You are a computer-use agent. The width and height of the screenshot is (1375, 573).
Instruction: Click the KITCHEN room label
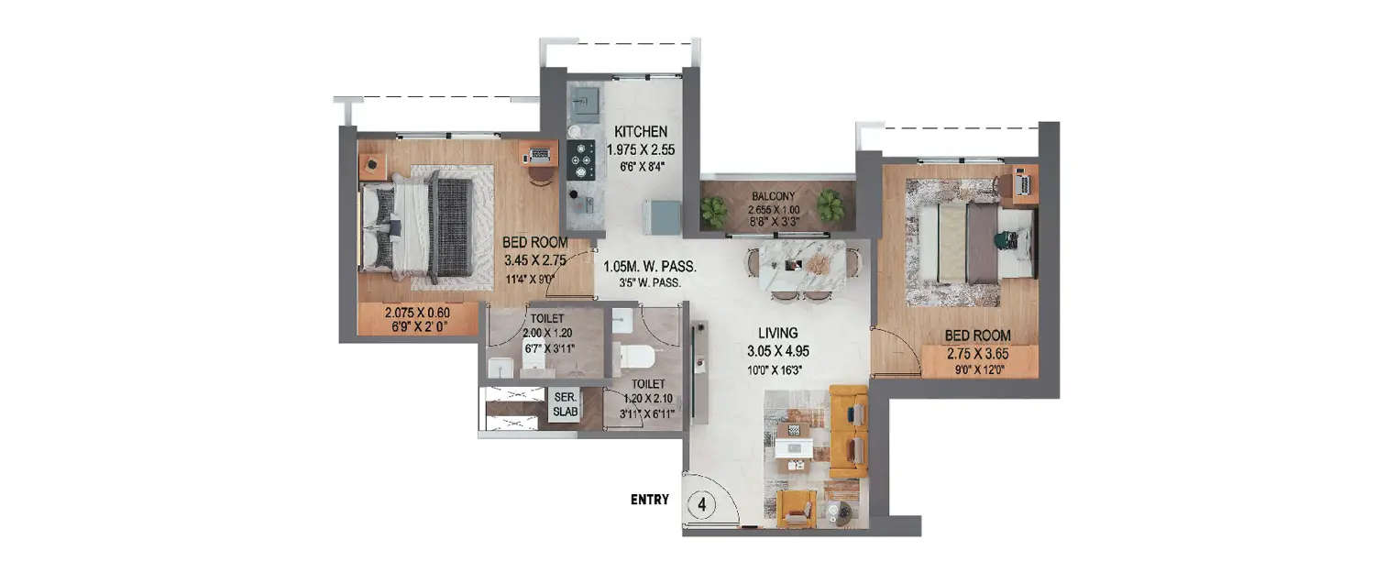[642, 131]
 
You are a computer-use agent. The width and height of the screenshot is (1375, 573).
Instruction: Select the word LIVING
[777, 333]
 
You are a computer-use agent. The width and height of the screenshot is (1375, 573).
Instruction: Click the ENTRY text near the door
[649, 500]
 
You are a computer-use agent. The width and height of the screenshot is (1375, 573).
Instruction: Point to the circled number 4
[702, 504]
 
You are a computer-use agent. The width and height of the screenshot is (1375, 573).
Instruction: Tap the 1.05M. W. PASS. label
[649, 268]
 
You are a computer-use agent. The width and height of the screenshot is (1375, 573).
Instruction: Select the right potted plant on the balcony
[831, 205]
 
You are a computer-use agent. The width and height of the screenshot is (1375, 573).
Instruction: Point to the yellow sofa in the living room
[848, 431]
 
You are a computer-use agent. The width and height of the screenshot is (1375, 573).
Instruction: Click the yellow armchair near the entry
[796, 509]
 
